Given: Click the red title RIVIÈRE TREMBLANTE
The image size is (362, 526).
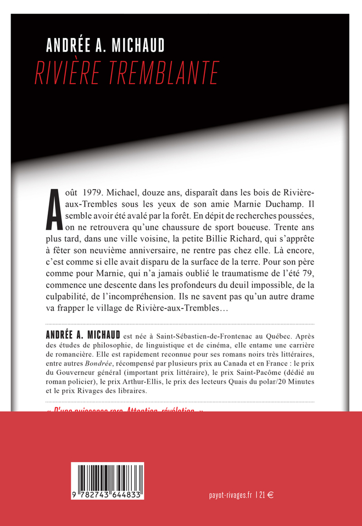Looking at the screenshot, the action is [127, 73].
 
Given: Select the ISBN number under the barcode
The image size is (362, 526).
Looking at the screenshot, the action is [108, 495].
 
